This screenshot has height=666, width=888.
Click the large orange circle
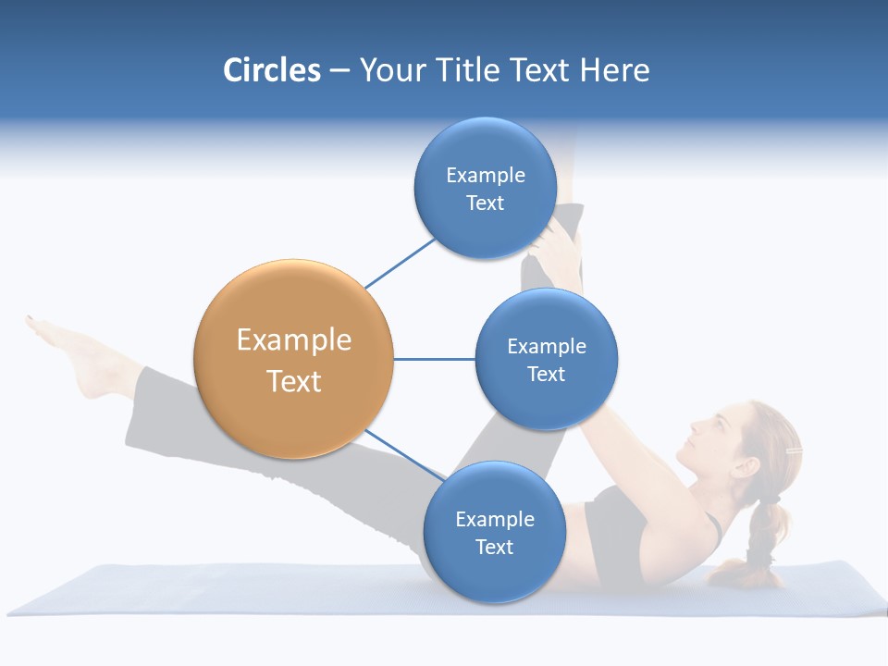293,359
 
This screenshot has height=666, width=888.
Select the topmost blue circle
485,188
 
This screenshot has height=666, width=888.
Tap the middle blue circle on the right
546,359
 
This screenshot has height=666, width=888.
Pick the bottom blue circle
494,532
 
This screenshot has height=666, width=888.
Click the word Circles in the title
271,69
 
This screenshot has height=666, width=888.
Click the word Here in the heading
614,69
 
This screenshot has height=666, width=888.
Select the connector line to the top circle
400,262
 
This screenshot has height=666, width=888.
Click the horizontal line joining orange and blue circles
434,359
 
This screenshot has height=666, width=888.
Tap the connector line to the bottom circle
405,454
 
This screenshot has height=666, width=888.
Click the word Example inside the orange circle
293,339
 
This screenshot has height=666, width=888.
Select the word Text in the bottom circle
494,547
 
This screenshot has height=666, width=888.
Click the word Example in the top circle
485,175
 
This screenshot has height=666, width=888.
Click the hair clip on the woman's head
793,451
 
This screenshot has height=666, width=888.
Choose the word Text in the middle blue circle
546,374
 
